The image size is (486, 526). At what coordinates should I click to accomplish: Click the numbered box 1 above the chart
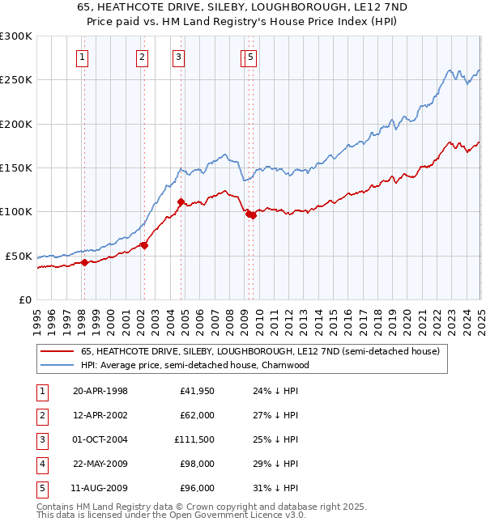tap(83, 57)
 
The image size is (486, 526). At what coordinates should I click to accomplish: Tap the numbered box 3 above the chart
tap(177, 57)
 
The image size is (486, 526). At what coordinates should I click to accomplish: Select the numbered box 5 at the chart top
tap(251, 57)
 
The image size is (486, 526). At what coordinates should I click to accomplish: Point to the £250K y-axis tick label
tap(16, 80)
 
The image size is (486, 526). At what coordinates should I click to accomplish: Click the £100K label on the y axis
tap(16, 212)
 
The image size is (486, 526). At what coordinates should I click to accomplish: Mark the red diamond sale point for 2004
tap(181, 201)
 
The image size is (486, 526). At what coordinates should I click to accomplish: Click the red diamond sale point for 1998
tap(84, 262)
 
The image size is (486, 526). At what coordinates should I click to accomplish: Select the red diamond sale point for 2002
tap(143, 245)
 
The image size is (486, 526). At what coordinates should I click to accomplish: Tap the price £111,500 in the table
tap(194, 439)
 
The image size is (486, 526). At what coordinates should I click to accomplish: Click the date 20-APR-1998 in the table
tap(100, 391)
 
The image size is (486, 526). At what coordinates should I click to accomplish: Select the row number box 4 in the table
tap(42, 464)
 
